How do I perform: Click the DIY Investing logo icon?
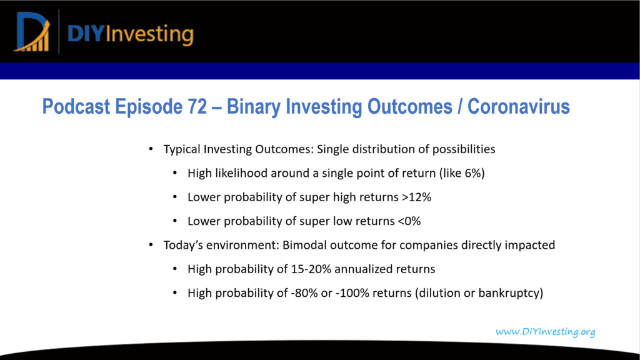pos(32,32)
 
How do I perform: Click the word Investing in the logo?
pos(150,34)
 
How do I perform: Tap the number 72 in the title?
pos(197,106)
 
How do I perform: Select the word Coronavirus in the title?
pos(518,106)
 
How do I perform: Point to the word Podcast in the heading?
pos(76,106)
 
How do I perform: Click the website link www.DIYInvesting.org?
pos(545,331)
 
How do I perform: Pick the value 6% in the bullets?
pos(473,173)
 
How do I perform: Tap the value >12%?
pos(416,197)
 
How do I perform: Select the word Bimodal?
pos(304,245)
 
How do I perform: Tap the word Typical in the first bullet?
pos(182,149)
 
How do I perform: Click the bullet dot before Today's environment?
pos(151,245)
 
